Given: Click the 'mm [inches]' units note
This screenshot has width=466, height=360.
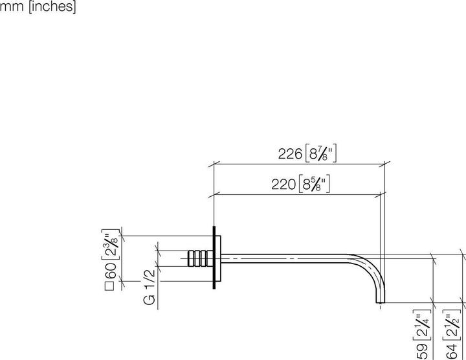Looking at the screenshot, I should point(38,8).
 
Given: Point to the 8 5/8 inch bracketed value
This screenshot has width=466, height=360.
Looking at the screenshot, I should point(316,184).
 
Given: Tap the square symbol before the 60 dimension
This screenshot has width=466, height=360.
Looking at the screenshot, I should point(111,284).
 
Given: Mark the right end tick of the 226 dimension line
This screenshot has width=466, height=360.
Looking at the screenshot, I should point(386,163).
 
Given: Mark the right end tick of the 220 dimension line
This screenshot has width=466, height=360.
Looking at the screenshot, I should point(381,193).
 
